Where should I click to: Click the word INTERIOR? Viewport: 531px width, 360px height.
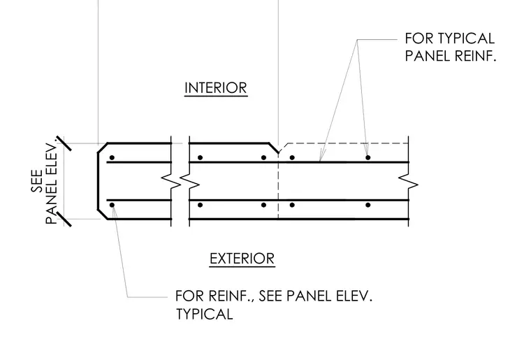coord(216,88)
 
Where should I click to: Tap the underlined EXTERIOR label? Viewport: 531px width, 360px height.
coord(242,259)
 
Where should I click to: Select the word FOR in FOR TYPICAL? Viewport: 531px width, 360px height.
coord(419,38)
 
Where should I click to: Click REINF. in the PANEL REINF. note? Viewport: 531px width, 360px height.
coord(475,56)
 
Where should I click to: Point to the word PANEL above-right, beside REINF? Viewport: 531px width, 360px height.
coord(428,56)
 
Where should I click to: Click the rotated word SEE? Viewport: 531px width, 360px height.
coord(37,180)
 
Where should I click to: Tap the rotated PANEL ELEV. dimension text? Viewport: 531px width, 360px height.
coord(51,184)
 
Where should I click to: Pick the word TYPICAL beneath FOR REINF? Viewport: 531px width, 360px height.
coord(205,314)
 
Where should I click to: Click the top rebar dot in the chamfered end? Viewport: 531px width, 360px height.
coord(112,158)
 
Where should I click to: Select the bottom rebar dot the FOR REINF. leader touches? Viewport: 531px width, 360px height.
coord(112,205)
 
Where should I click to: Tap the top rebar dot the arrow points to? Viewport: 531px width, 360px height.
coord(368,157)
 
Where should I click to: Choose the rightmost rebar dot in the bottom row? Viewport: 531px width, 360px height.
coord(368,205)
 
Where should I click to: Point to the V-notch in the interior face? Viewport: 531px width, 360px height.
coord(278,152)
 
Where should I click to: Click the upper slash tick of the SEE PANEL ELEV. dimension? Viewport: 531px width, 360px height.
coord(64,143)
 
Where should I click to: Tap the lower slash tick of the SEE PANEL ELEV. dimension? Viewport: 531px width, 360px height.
coord(64,219)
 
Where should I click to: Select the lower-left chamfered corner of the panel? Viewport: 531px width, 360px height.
coord(102,215)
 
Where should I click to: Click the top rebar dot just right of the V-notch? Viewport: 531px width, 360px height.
coord(292,157)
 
